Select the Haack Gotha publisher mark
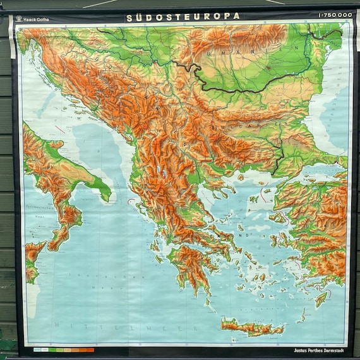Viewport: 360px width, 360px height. (37, 19)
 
